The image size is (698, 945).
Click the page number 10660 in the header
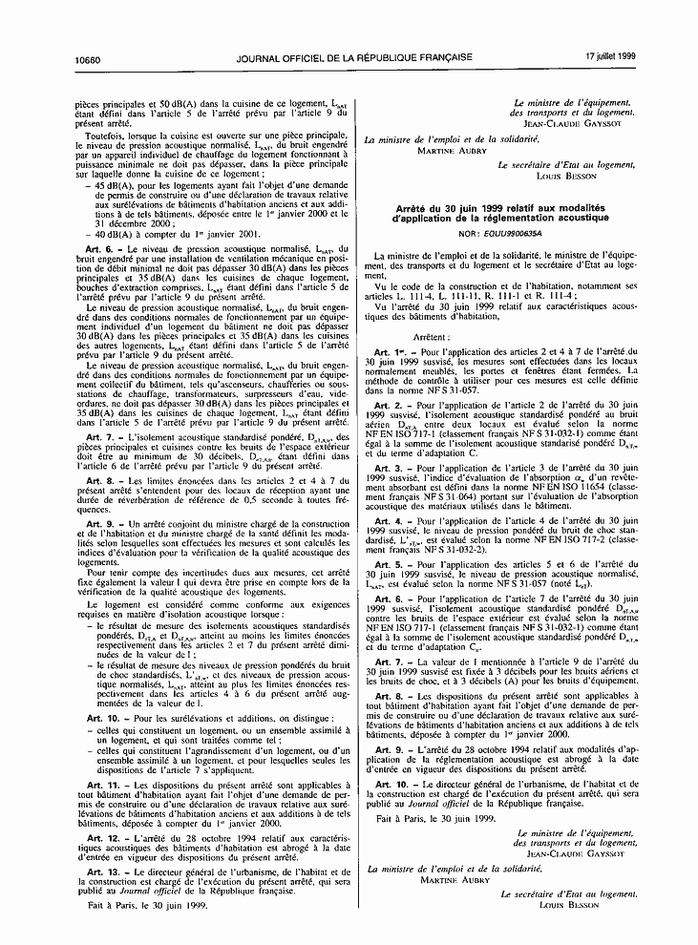click(x=88, y=57)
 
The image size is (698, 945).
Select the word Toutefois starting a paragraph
click(x=104, y=136)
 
